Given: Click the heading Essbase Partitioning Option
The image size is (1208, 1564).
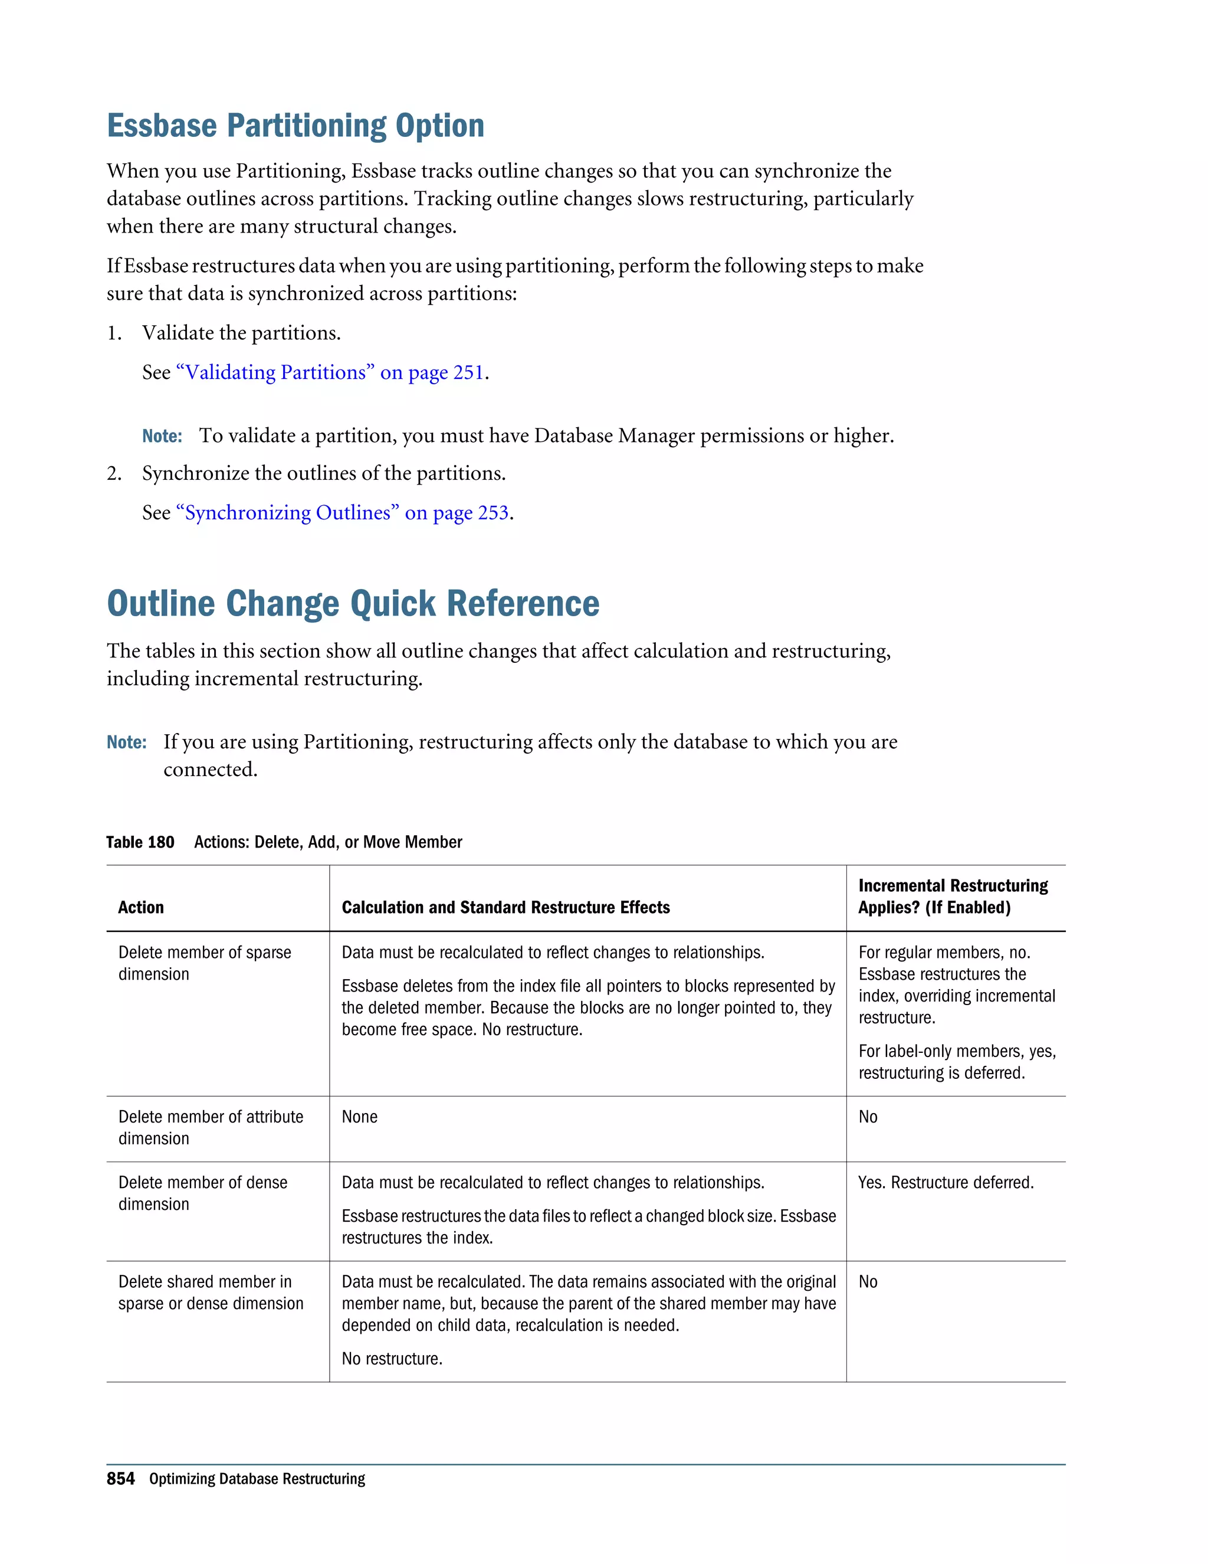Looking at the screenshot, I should [296, 126].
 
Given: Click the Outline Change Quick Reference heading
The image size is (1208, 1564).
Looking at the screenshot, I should [353, 603].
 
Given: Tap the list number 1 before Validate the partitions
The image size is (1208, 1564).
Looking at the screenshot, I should [114, 333].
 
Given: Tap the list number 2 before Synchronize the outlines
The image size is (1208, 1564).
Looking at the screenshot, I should [114, 473].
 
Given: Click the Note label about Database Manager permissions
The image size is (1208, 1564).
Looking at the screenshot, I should [162, 436].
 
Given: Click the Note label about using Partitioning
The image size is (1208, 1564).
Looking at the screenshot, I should [126, 742].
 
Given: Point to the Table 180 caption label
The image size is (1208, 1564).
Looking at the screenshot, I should [140, 842].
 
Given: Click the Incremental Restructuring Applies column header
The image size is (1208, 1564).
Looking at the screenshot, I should [953, 896].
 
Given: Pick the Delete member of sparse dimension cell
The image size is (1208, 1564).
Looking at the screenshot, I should [205, 963].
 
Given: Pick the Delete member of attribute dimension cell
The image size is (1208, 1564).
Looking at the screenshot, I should [211, 1127].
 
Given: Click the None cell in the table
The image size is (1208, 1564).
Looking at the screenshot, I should [359, 1117].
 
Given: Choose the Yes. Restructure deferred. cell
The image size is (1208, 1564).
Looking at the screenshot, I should [946, 1182].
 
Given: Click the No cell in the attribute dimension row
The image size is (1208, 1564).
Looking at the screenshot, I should [867, 1117].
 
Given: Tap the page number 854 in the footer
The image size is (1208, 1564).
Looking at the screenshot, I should [120, 1479].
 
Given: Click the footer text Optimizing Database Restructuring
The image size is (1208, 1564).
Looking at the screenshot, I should [257, 1479].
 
